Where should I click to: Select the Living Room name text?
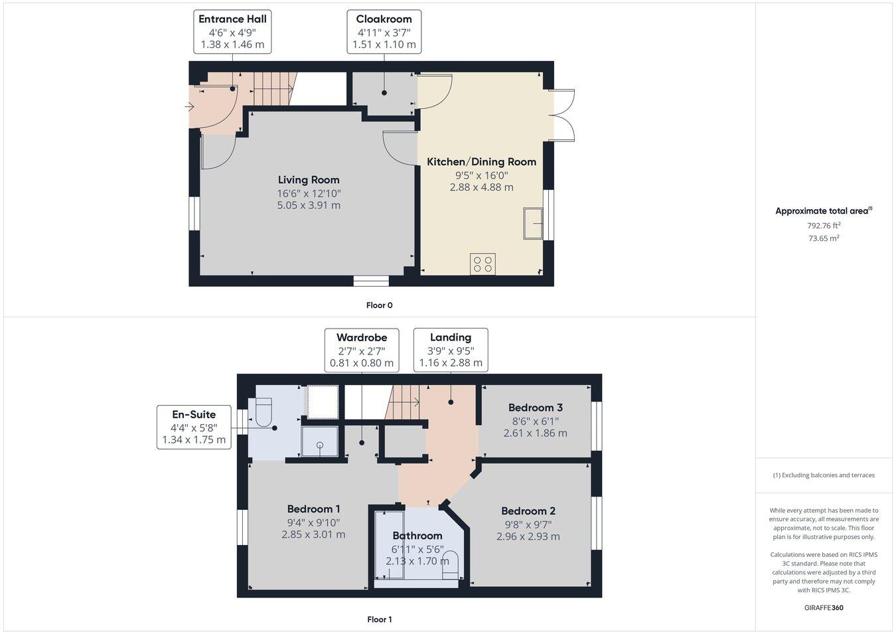tap(309, 180)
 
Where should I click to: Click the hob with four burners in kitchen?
tap(483, 264)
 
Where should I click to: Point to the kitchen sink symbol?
tap(534, 223)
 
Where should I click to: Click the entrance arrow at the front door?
tap(190, 106)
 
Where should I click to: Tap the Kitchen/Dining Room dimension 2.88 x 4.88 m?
tap(481, 187)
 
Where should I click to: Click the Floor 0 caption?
tap(380, 305)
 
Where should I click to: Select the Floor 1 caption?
tap(380, 619)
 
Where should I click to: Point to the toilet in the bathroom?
tap(450, 563)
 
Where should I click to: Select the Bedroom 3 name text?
tap(536, 408)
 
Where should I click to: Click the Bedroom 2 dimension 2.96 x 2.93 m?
tap(528, 536)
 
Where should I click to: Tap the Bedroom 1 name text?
tap(313, 509)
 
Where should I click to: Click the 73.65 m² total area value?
tap(823, 238)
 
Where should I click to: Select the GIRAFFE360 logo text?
tap(824, 607)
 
